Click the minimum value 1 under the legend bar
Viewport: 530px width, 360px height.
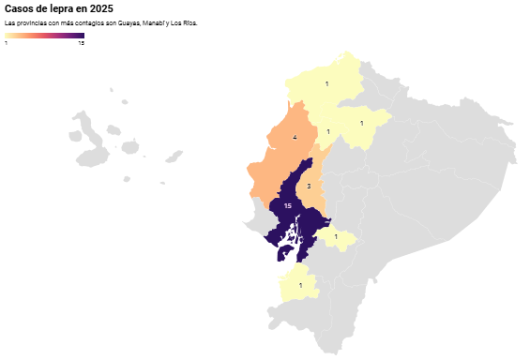(x=7, y=43)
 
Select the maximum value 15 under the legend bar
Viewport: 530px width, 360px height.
(x=81, y=43)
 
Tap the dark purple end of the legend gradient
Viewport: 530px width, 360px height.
(x=81, y=36)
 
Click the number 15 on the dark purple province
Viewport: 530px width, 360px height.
(x=287, y=205)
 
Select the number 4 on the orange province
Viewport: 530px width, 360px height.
(x=295, y=138)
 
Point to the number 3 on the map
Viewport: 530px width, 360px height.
(x=309, y=187)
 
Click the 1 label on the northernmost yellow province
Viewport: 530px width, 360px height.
(x=326, y=84)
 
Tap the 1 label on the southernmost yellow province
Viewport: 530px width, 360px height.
(x=300, y=285)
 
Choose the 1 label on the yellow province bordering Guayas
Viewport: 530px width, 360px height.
(x=336, y=236)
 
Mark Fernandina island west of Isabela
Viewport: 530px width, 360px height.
(x=75, y=137)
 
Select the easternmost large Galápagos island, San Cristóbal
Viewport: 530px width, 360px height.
(x=173, y=157)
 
